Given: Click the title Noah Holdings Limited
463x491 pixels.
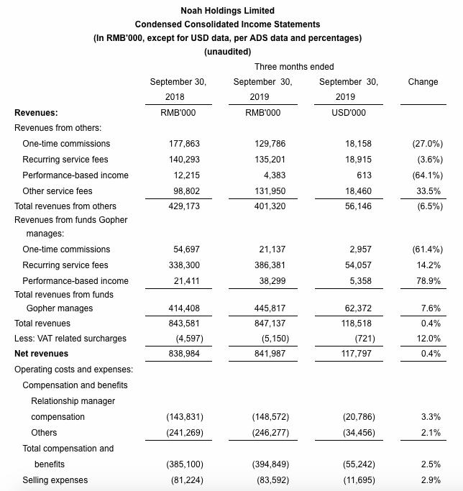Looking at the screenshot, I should (x=228, y=11).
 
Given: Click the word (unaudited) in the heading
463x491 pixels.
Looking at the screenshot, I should (x=228, y=52).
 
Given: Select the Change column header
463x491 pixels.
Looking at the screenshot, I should (x=423, y=82).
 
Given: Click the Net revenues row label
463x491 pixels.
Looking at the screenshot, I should (x=42, y=354).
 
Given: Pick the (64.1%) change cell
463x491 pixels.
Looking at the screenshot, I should (x=427, y=175).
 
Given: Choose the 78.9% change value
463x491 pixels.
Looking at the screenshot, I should (x=429, y=281).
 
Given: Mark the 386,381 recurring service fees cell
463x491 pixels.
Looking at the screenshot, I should (x=265, y=265).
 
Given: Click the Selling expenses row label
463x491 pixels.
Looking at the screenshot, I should (x=55, y=480).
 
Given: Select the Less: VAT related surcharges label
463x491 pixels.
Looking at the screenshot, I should (x=70, y=339).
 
